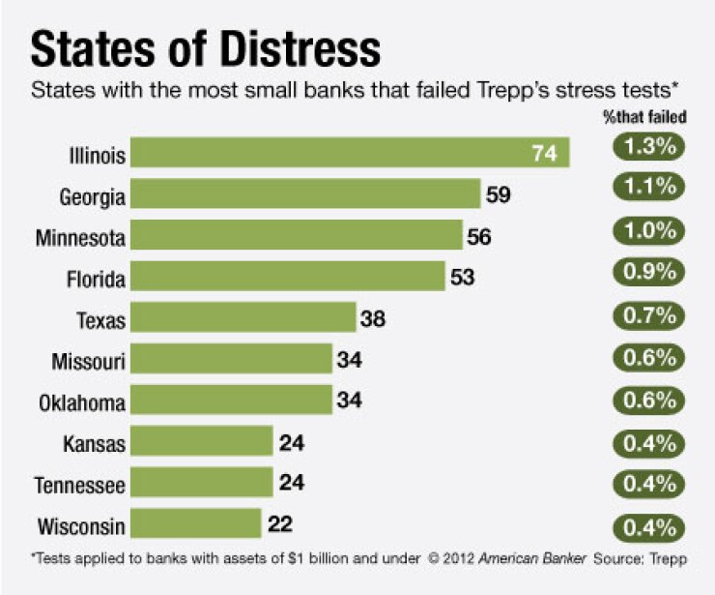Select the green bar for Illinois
(x=349, y=153)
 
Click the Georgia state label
(x=92, y=195)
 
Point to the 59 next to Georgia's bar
(x=499, y=195)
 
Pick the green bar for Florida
(x=287, y=278)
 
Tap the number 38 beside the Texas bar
(x=373, y=318)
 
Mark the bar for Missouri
(x=231, y=360)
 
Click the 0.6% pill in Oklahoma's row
(x=647, y=401)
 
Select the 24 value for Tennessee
(x=292, y=484)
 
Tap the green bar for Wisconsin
(x=195, y=524)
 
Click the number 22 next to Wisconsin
(x=279, y=524)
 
